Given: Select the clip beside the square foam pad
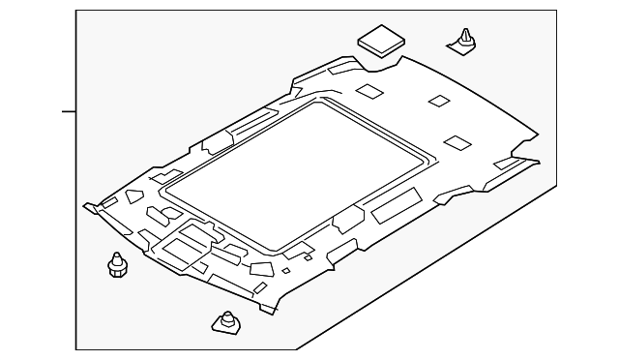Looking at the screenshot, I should (464, 42).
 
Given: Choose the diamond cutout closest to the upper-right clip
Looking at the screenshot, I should (438, 101).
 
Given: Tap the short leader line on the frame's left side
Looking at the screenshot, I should (69, 111).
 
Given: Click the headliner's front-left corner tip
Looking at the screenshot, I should (86, 205).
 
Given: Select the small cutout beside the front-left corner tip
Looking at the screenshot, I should (109, 202).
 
